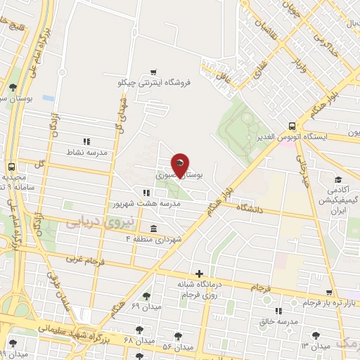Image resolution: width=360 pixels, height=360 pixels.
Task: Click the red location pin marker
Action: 181,165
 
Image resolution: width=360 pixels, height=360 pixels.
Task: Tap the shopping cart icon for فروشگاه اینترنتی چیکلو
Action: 153,72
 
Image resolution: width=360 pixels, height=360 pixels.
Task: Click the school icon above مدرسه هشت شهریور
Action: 146,193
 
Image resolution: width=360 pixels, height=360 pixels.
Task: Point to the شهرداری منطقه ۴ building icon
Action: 153,229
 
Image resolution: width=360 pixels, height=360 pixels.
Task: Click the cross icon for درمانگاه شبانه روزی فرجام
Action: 200,274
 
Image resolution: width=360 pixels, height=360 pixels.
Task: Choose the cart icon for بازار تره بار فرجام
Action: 328,292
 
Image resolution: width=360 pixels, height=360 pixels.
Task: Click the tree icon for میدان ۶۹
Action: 146,296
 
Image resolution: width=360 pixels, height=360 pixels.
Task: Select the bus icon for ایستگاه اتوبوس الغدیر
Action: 291,125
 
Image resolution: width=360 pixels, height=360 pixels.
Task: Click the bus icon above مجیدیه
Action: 11,167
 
